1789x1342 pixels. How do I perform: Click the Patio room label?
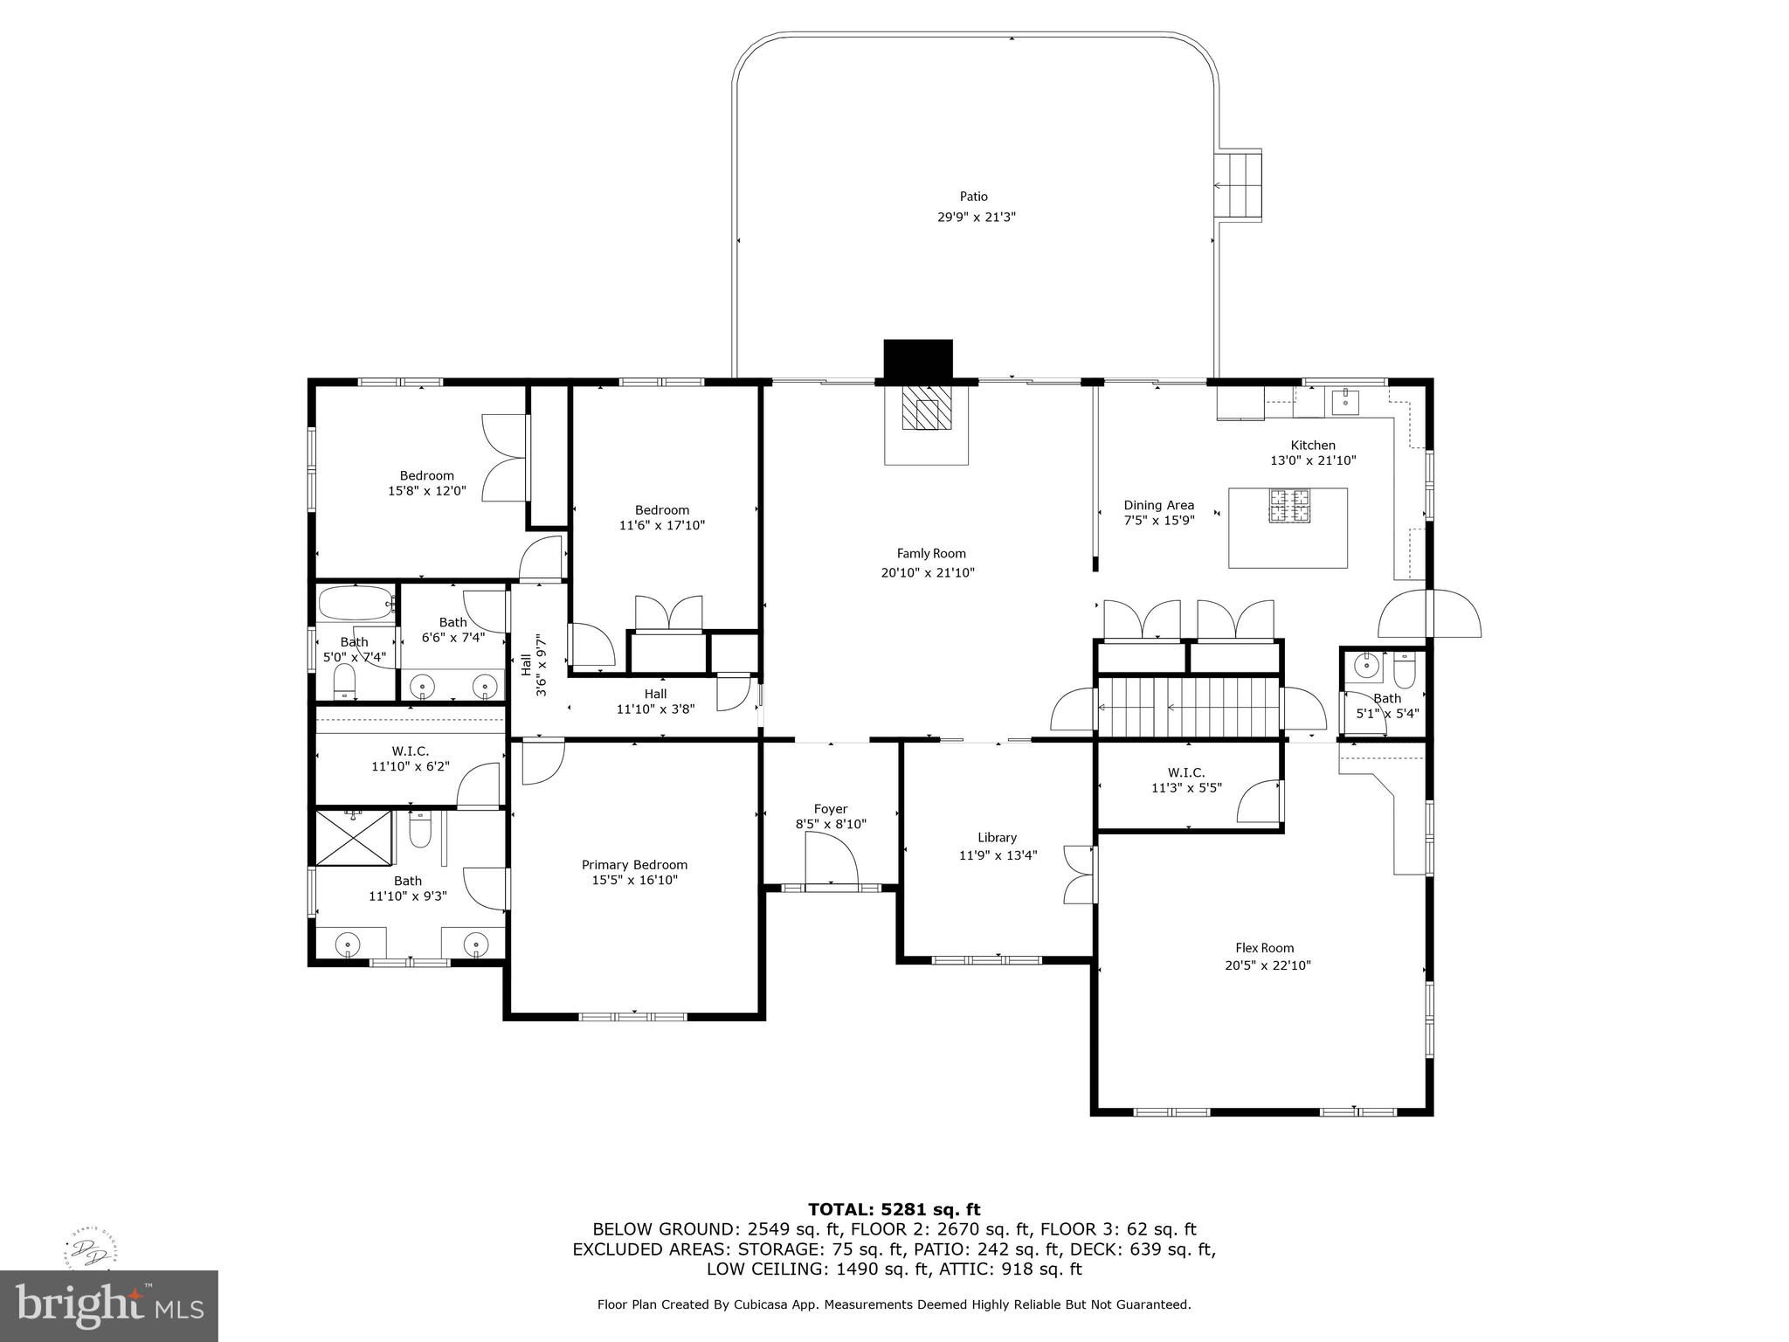coord(974,197)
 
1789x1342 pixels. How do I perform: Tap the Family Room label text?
coord(931,553)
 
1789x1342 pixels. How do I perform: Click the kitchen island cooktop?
coord(1290,505)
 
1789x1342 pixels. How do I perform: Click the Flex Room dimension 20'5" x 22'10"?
coord(1267,965)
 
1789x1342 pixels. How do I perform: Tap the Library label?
coord(997,837)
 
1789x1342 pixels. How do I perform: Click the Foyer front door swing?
coord(832,860)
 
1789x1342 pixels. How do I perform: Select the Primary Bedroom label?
coord(634,865)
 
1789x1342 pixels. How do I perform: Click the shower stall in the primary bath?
coord(354,838)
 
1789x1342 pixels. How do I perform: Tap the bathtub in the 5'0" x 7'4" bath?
coord(356,602)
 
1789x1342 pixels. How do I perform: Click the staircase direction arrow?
coord(1222,708)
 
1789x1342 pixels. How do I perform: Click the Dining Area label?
coord(1158,505)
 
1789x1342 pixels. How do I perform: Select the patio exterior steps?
coord(1238,185)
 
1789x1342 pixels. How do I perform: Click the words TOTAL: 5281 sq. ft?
coord(894,1209)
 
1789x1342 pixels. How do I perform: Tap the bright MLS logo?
coord(109,1305)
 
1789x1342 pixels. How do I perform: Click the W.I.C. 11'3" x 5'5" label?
coord(1186,780)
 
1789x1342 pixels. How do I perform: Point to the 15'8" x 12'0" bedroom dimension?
coord(427,491)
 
